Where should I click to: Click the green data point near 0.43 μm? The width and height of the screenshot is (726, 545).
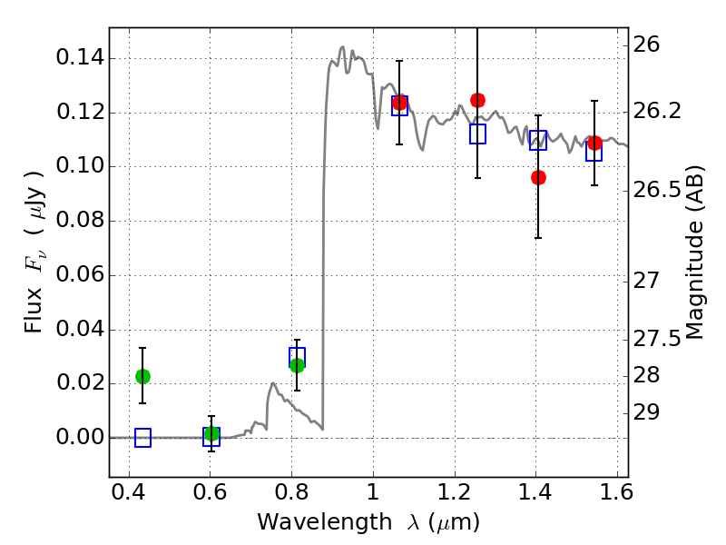tap(142, 376)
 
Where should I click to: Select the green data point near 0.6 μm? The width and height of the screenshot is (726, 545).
tap(211, 434)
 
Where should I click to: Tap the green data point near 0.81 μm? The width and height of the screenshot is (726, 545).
tap(297, 365)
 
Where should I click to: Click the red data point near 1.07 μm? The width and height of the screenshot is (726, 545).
tap(399, 103)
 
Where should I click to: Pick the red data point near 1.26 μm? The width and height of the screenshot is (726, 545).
tap(477, 100)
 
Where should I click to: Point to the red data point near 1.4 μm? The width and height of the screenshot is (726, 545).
tap(538, 177)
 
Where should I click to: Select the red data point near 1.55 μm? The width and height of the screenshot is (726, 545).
tap(594, 144)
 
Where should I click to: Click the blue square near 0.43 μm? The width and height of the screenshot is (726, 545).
tap(142, 438)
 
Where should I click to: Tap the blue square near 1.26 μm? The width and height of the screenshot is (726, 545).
tap(478, 134)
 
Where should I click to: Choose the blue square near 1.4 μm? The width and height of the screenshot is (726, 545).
tap(538, 140)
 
